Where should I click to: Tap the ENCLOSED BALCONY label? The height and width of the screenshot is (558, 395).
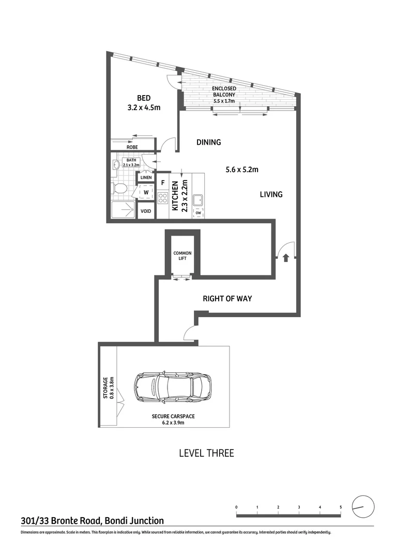224,92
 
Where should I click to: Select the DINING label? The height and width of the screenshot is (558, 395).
208,143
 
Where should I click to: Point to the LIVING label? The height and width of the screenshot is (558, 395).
271,194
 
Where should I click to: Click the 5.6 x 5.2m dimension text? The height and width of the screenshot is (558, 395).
241,169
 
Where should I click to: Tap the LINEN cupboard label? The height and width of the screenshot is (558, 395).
145,178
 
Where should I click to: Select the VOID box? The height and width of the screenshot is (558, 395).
146,211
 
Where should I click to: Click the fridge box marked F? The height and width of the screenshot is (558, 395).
163,182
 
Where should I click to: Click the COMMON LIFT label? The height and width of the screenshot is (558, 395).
182,256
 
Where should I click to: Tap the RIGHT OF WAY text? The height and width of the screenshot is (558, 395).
227,298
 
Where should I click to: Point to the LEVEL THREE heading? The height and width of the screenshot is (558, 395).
206,453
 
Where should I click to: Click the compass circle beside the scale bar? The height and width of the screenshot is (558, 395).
362,506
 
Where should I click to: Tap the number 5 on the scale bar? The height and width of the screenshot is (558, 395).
341,507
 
